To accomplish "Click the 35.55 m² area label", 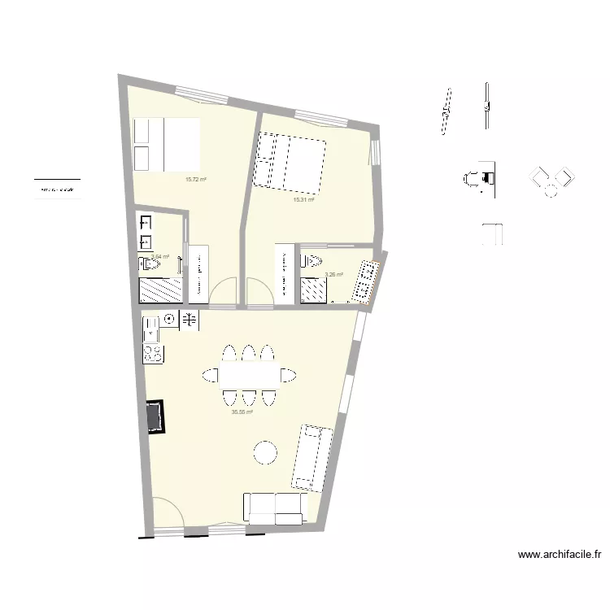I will (242, 412).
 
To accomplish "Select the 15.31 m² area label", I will (303, 199).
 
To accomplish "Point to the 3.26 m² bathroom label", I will (333, 275).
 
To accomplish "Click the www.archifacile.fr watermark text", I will (560, 556).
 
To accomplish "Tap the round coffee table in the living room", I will (265, 452).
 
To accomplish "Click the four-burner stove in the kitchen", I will (153, 353).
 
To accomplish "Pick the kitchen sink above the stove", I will (151, 329).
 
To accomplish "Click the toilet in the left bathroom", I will (148, 263).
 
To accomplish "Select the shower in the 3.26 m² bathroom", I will (312, 290).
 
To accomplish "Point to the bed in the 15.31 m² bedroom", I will (290, 160).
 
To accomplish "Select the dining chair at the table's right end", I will (288, 375).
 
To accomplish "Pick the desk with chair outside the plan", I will (481, 177).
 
